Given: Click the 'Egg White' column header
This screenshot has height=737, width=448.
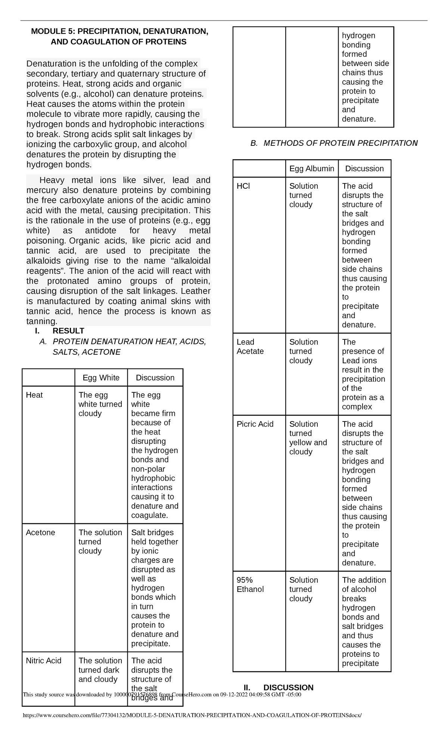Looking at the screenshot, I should pyautogui.click(x=101, y=377).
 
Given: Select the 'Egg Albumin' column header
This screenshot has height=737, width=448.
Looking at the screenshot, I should pyautogui.click(x=312, y=168).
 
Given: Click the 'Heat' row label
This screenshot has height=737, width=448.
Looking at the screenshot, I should pyautogui.click(x=34, y=395).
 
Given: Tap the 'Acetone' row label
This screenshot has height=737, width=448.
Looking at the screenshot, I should pyautogui.click(x=40, y=532).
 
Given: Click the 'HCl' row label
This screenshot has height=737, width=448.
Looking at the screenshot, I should pyautogui.click(x=243, y=186).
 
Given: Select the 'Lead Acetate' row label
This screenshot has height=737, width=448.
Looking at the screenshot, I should pyautogui.click(x=250, y=346).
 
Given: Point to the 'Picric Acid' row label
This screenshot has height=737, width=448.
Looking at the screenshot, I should pyautogui.click(x=255, y=424).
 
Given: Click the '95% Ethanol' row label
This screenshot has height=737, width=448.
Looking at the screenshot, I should pyautogui.click(x=250, y=584).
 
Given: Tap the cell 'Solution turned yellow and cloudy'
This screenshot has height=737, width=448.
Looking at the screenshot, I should pyautogui.click(x=308, y=438).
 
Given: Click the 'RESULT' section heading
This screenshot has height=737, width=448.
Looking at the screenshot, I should pyautogui.click(x=68, y=331).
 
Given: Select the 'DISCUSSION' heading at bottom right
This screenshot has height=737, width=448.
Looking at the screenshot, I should pyautogui.click(x=288, y=687).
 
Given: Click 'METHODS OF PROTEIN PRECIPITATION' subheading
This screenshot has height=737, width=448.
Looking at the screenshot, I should pyautogui.click(x=340, y=143).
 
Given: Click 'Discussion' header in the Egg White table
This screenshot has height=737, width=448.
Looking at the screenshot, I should pyautogui.click(x=155, y=377).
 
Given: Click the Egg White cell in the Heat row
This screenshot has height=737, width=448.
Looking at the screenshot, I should pyautogui.click(x=100, y=404).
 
